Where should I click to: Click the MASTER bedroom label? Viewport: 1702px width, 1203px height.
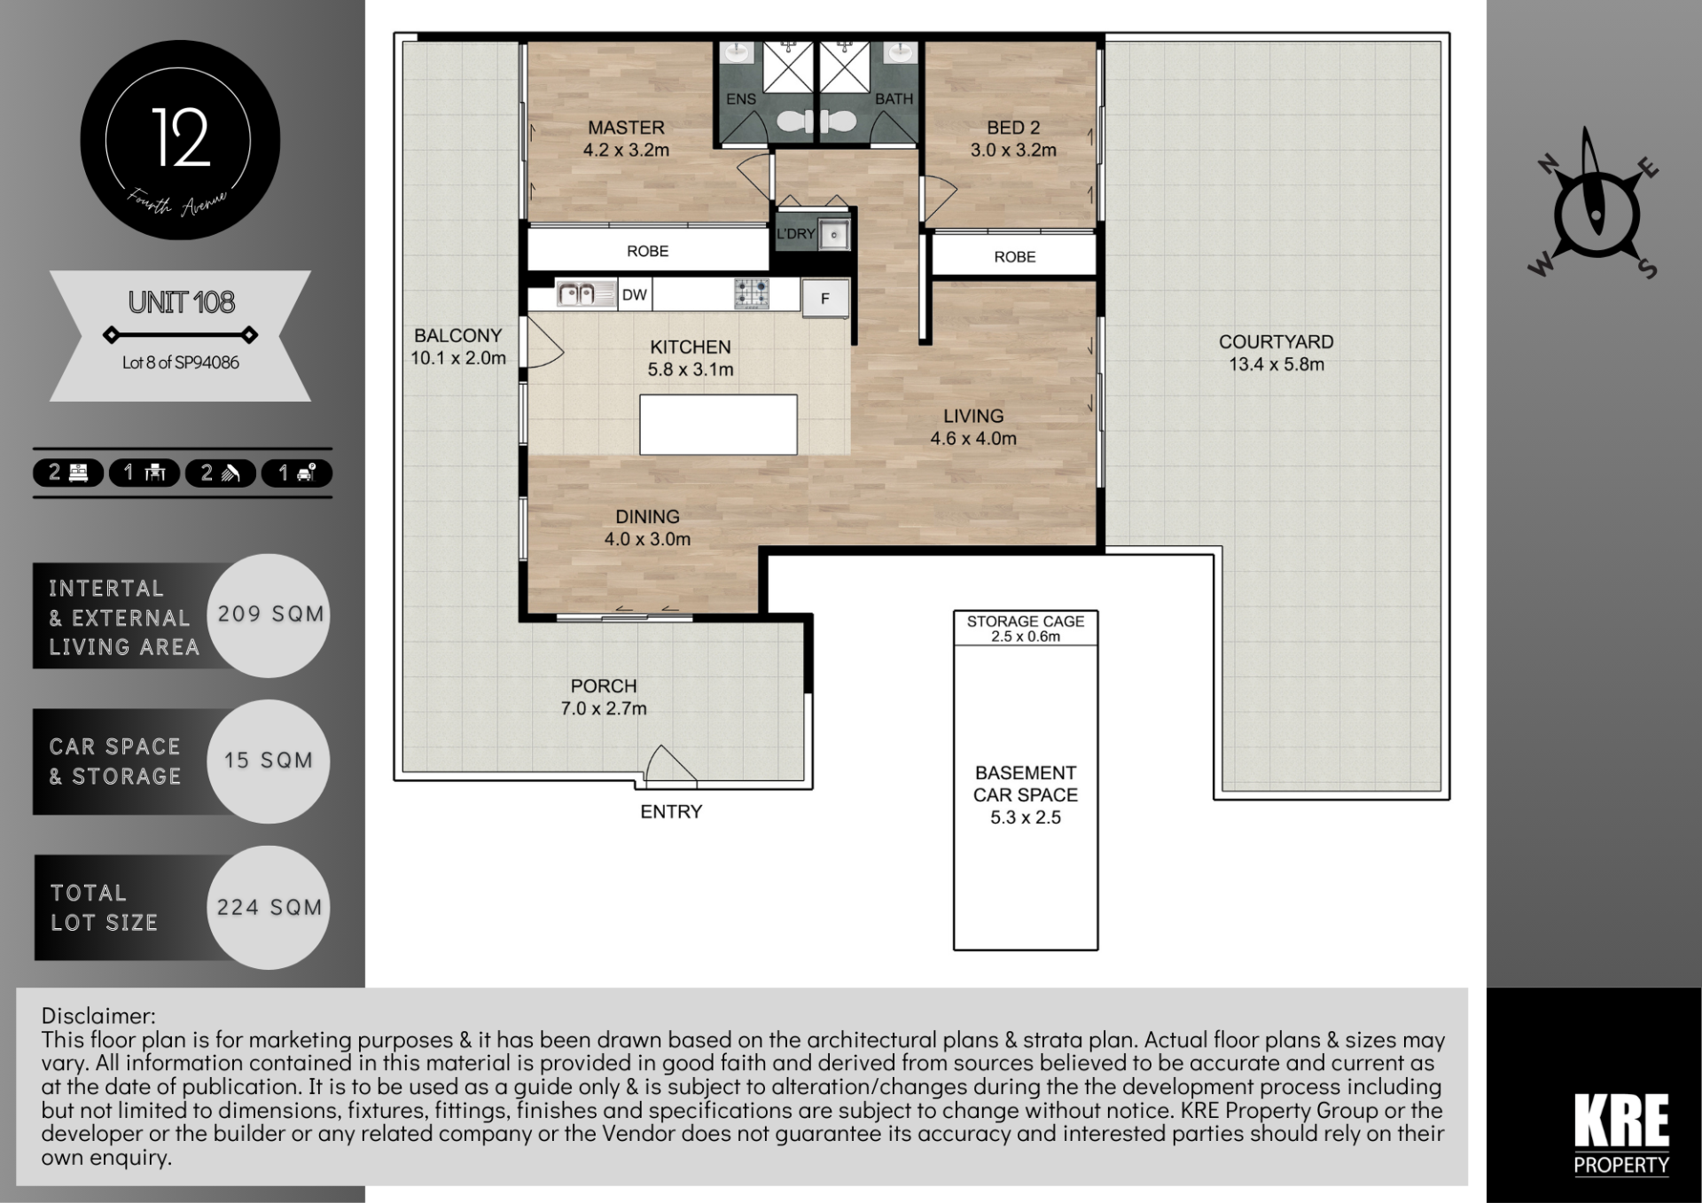[626, 128]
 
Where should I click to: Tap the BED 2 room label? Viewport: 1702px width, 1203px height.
[1013, 128]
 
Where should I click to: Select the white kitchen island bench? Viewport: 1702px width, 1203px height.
[718, 425]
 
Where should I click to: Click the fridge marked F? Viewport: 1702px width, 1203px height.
[825, 299]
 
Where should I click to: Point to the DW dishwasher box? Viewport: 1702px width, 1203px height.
[634, 295]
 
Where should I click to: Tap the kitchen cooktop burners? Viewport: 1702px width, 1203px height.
[752, 293]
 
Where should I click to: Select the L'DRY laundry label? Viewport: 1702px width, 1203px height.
[795, 234]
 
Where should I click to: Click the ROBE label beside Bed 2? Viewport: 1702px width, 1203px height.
[1015, 257]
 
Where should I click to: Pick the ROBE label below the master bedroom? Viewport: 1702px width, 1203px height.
[648, 252]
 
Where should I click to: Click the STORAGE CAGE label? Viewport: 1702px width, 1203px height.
[1026, 621]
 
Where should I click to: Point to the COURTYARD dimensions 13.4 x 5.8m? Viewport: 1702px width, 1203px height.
[1276, 364]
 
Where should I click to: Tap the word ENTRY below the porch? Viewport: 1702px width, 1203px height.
[671, 812]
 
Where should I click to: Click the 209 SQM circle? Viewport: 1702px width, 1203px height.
[269, 615]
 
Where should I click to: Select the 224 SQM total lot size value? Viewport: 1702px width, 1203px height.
[269, 908]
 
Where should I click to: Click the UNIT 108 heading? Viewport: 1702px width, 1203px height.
[182, 302]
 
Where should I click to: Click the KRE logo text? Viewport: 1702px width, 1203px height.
[1621, 1121]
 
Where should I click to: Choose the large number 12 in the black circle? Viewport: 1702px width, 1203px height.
[181, 137]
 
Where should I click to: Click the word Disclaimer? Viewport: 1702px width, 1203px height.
[98, 1016]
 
